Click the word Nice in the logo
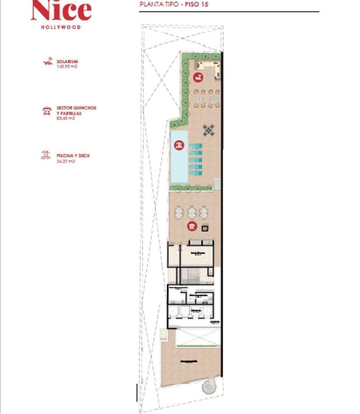click(61, 11)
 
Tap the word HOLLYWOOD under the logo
click(61, 26)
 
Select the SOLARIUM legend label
click(67, 61)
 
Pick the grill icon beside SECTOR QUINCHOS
click(46, 111)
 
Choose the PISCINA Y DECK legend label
click(73, 155)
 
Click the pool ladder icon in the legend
click(46, 156)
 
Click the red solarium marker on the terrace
click(198, 78)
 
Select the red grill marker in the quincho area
click(191, 226)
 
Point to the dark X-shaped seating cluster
click(209, 129)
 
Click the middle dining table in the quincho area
click(192, 212)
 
